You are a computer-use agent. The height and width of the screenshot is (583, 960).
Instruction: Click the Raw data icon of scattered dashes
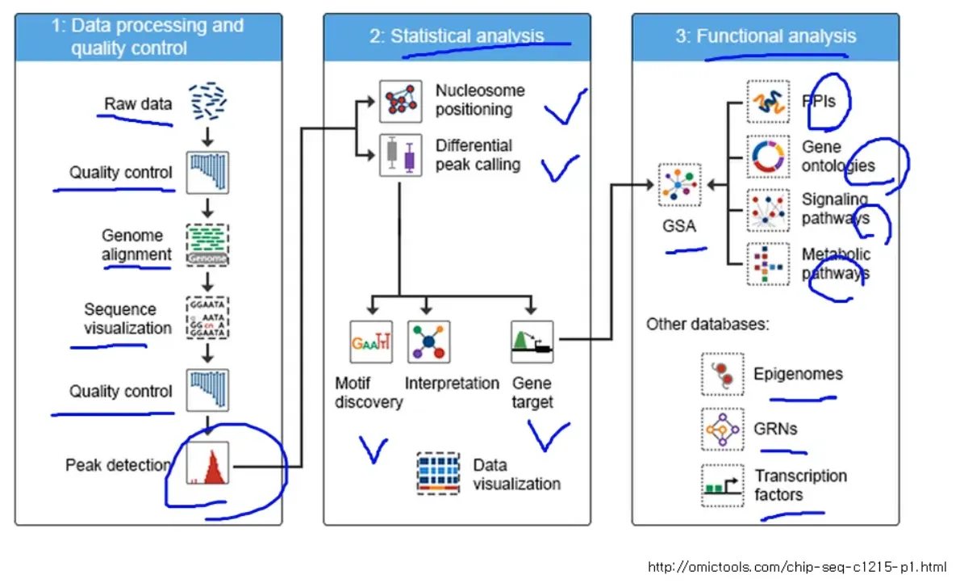(207, 101)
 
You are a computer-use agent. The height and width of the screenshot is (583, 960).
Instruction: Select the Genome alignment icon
(207, 245)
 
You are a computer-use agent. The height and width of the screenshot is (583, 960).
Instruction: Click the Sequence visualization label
(127, 319)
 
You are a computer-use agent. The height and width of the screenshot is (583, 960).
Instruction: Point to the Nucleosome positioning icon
(400, 101)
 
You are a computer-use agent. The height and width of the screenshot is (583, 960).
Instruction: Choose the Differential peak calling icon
(400, 155)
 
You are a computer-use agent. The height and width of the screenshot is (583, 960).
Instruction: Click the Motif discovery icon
(371, 342)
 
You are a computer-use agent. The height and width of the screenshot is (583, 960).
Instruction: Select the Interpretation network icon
(428, 342)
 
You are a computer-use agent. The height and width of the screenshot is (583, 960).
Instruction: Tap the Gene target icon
(532, 342)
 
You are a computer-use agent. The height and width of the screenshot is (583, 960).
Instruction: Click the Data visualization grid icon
(438, 473)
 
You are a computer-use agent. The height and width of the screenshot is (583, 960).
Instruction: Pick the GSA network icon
(679, 185)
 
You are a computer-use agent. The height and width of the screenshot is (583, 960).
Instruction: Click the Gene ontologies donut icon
(768, 157)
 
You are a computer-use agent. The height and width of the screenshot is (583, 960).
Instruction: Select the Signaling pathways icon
(768, 210)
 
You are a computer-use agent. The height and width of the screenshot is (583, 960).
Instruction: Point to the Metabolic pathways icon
(768, 264)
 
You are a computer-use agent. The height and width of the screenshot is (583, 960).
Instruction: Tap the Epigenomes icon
(723, 374)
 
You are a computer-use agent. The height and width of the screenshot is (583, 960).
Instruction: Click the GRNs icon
(723, 429)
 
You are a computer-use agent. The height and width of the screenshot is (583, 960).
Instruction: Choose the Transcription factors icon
(723, 485)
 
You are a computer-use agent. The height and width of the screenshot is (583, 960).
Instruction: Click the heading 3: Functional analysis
(766, 36)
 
